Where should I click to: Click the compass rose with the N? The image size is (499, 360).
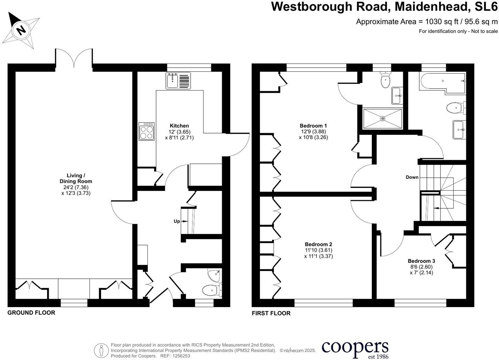coord(22,30)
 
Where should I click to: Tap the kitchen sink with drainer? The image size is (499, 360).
coord(178,81)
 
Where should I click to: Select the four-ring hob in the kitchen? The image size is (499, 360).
coord(147,131)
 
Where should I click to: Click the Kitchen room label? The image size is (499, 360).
coord(179,126)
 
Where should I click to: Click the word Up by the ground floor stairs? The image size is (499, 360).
coord(177,221)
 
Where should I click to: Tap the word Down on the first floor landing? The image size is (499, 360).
coord(412,177)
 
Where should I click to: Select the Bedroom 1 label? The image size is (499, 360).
coord(313,126)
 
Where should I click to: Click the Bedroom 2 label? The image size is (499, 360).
coord(318,244)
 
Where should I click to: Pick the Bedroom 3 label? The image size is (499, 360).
coord(421,261)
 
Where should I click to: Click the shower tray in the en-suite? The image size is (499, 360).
coord(383,119)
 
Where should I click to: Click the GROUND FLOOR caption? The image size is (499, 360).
coord(31,313)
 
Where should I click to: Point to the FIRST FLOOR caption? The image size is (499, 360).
coord(271,313)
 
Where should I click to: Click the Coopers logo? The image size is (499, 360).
coord(355,349)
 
